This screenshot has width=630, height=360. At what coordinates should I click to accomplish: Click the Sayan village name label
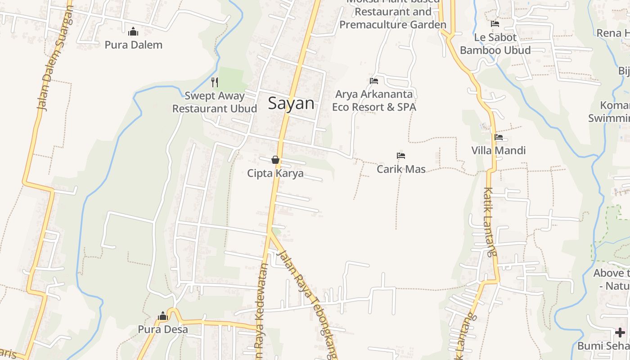coord(291,103)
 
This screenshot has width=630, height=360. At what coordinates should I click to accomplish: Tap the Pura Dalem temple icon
coord(133,32)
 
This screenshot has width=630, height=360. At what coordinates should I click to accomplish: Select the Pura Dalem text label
coord(133,45)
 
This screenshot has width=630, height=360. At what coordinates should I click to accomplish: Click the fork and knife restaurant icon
coord(215,82)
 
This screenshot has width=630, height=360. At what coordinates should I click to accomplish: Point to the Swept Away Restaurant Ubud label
coord(215,102)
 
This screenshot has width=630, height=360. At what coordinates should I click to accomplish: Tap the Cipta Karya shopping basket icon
coord(275,160)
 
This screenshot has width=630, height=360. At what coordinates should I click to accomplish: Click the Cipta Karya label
coord(275,173)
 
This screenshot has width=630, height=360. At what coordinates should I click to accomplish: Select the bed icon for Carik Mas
coord(401,156)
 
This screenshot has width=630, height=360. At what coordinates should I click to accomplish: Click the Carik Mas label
coord(401,169)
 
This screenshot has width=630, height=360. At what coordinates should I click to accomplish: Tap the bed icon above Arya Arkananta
coord(373,81)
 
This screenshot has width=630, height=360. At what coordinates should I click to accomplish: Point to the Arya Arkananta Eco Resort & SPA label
coord(374,101)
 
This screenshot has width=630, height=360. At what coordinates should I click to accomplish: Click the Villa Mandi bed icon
coord(498,137)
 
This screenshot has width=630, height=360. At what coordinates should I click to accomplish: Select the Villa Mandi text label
coord(498,150)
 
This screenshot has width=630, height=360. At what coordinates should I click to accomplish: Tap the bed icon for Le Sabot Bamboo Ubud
coord(495,24)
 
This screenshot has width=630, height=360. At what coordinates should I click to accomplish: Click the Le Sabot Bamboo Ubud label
coord(495,44)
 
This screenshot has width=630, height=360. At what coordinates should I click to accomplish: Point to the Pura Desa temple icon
coord(163,316)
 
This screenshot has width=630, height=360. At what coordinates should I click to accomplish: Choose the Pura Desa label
coord(163,329)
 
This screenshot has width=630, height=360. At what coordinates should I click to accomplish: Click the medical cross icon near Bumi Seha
coord(620,333)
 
